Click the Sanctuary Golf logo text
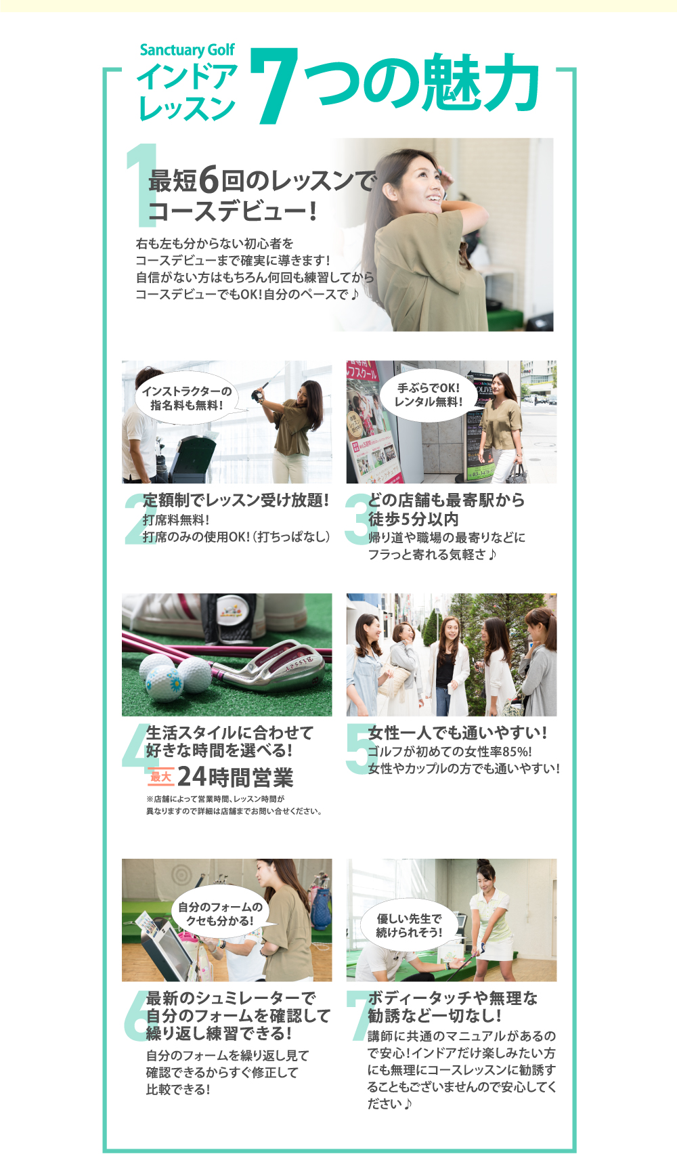(187, 50)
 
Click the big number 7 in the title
(275, 87)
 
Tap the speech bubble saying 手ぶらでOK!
(429, 395)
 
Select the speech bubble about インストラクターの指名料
(187, 398)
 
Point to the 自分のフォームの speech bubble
(222, 914)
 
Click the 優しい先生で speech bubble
(409, 925)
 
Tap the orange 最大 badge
(160, 776)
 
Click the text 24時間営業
(236, 777)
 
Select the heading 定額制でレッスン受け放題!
(236, 500)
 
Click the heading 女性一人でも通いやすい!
(458, 733)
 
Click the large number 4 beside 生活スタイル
(135, 746)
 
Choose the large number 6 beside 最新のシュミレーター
(135, 1015)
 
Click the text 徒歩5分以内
(414, 519)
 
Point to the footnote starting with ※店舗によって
(234, 805)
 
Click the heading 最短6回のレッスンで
(263, 180)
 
